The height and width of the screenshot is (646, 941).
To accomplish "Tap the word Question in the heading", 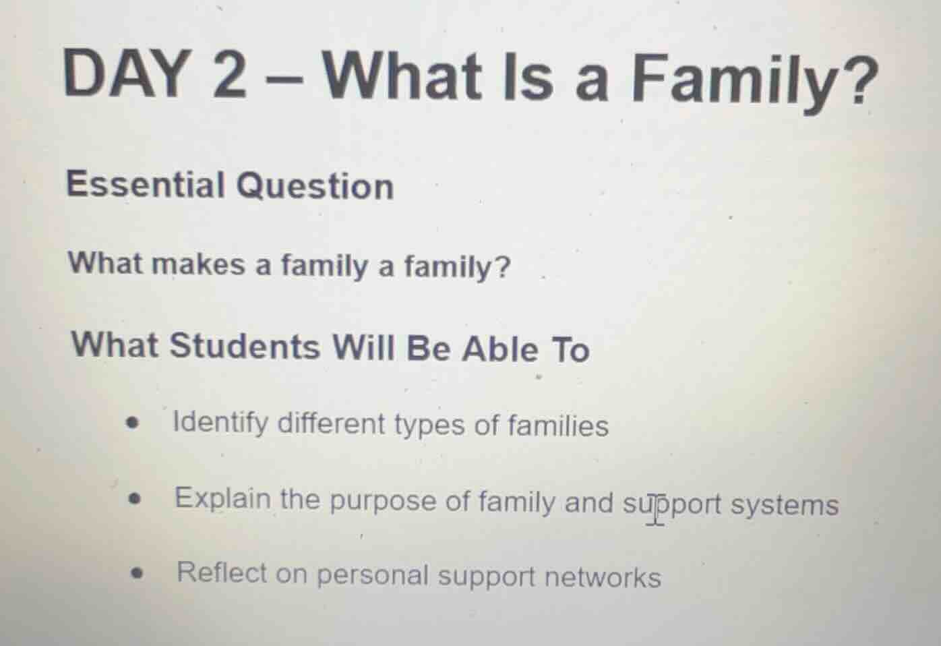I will [x=315, y=186].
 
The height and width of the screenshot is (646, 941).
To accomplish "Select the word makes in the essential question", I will [x=199, y=264].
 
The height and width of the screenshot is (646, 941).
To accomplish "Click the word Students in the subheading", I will [x=245, y=345].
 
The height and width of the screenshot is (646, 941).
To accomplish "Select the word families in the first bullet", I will [x=557, y=426].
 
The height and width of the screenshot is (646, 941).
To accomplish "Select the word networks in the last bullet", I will [x=602, y=578].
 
